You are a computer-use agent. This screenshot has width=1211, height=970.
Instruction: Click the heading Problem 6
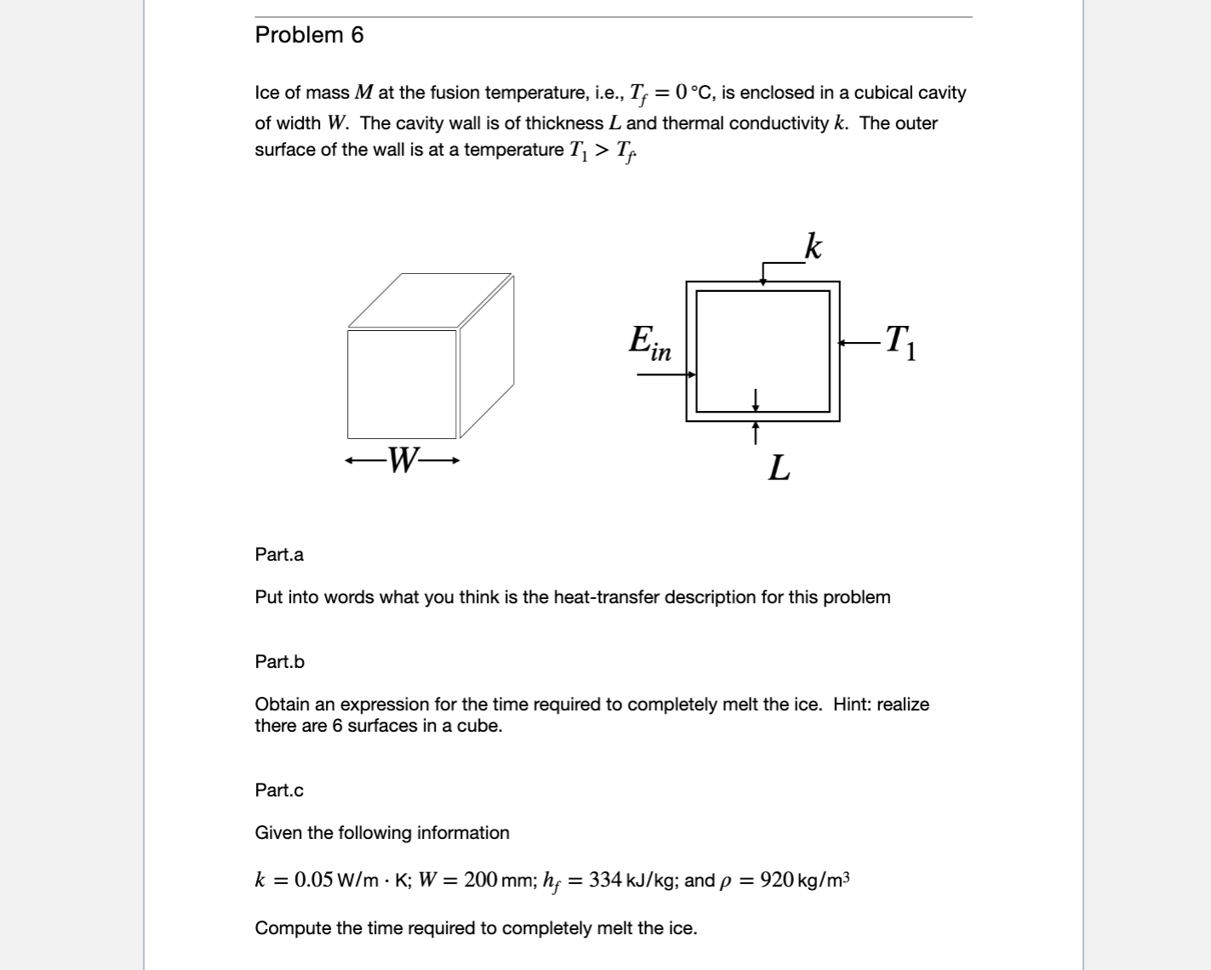tap(309, 35)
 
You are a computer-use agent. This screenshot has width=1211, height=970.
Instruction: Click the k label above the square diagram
tap(813, 246)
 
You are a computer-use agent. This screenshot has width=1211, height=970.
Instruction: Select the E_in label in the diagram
tap(650, 342)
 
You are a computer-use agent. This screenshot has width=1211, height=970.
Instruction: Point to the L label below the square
tap(779, 468)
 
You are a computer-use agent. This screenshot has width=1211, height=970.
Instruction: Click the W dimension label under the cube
tap(403, 460)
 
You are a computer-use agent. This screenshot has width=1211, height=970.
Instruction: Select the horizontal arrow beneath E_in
tap(665, 374)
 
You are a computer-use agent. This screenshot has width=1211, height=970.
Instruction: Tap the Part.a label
tap(279, 555)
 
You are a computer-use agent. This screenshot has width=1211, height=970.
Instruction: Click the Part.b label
tap(279, 662)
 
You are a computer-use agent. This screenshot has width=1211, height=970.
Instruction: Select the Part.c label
tap(279, 790)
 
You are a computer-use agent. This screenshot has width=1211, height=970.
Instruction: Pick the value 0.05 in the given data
tap(313, 880)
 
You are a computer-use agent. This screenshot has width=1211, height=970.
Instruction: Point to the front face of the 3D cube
tap(402, 385)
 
